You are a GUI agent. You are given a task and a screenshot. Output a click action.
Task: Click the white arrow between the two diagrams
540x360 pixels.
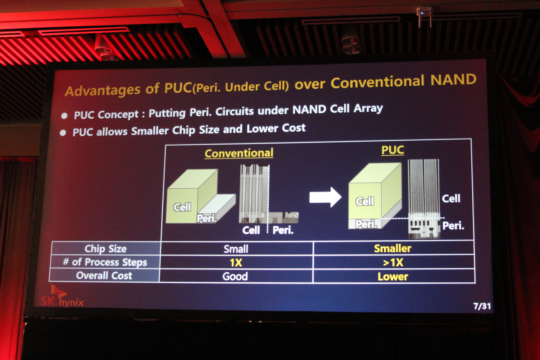[x=325, y=197]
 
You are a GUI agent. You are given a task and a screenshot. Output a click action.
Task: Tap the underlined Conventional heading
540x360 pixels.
[x=239, y=153]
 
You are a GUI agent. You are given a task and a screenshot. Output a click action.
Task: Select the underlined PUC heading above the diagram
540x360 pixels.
[x=392, y=150]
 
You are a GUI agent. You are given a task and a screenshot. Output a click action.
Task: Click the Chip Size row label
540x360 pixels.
[x=105, y=249]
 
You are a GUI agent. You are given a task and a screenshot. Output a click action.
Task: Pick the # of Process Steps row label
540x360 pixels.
[x=105, y=262]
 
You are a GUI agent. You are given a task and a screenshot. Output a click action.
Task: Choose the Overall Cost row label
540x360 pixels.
[x=104, y=276]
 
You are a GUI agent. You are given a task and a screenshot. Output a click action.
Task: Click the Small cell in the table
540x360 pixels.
[x=236, y=249]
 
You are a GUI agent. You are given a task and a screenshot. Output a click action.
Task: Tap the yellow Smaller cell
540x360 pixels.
[x=392, y=248]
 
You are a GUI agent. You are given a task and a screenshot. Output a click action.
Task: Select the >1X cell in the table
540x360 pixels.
[x=393, y=263]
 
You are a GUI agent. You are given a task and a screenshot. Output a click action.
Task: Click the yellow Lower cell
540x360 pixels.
[x=393, y=277]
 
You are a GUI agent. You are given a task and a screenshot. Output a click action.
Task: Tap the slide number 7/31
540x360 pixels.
[x=482, y=306]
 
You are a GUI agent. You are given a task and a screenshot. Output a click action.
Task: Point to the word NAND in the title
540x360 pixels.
[x=453, y=80]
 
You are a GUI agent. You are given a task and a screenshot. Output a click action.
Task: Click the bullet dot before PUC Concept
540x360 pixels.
[x=64, y=116]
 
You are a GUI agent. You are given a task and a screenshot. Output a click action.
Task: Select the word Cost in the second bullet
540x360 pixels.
[x=294, y=128]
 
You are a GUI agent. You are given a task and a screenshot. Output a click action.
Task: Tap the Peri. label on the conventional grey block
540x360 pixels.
[x=207, y=218]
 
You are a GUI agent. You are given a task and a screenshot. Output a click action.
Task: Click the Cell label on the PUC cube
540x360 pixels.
[x=365, y=201]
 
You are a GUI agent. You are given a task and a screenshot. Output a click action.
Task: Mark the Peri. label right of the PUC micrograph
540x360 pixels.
[x=453, y=226]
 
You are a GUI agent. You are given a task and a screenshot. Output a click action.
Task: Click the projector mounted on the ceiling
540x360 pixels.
[x=424, y=16]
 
